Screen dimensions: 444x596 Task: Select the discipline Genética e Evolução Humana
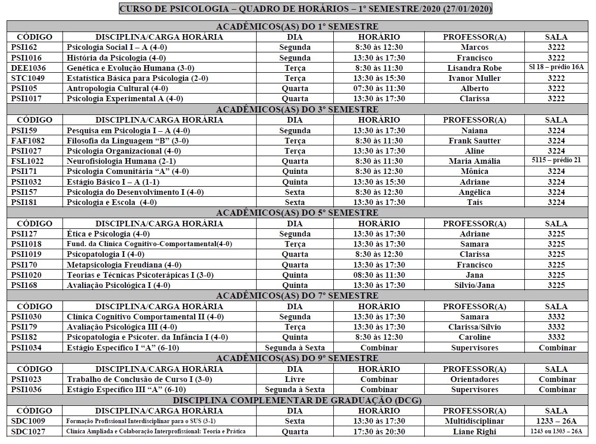coord(131,68)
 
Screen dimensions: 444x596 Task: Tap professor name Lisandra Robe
coord(474,68)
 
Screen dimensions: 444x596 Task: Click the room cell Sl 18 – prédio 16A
coord(556,68)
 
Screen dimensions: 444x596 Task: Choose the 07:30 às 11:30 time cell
coord(379,88)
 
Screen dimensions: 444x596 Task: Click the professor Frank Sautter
coord(474,141)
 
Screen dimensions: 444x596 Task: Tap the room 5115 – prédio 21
coord(556,161)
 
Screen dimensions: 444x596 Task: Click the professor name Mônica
coord(474,171)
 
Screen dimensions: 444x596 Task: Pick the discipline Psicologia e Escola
coord(112,202)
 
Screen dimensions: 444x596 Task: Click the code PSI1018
coord(26,244)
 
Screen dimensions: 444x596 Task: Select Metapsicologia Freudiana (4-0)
coord(124,265)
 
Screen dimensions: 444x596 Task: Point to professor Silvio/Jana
coord(474,285)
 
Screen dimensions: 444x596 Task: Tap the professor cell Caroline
coord(474,337)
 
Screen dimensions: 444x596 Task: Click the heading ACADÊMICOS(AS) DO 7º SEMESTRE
coord(297,296)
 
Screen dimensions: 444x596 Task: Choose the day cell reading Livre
coord(295,379)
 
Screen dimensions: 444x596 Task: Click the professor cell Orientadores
coord(474,379)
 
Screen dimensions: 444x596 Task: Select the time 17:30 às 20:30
coord(379,432)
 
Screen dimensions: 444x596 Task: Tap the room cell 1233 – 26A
coord(556,421)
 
